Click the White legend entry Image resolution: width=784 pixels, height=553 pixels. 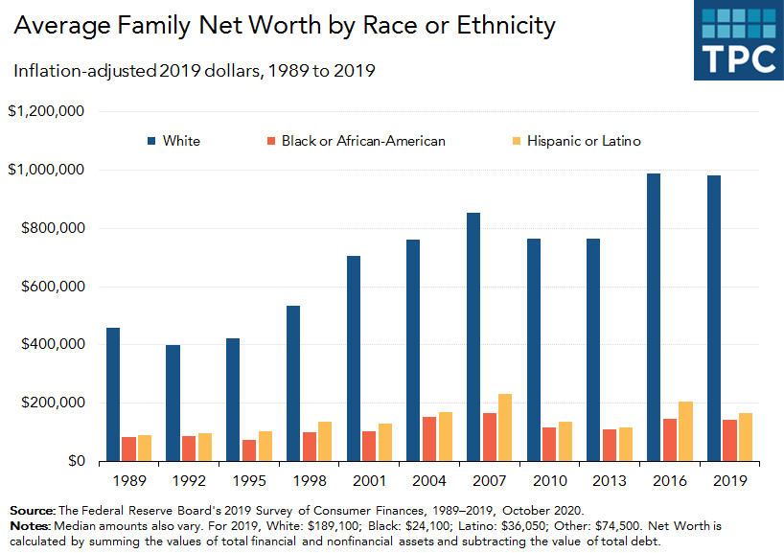point(173,141)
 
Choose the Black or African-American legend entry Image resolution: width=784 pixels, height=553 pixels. point(356,141)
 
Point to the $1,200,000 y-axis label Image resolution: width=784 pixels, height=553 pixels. point(47,112)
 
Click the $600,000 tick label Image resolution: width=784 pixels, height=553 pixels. point(53,287)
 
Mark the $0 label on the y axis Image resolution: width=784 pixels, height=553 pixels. point(77,461)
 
